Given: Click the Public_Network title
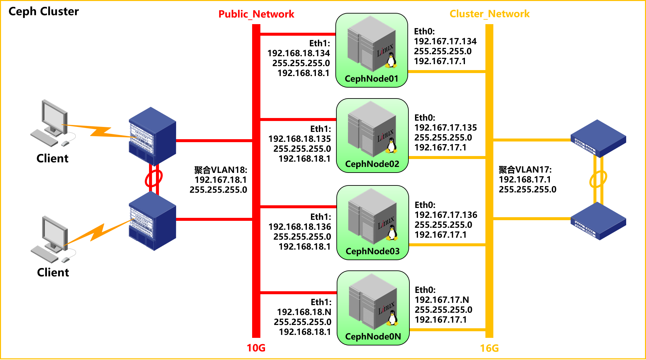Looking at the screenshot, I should [256, 14].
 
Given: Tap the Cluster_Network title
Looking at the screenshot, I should [489, 14].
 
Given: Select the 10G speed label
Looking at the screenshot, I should [256, 348].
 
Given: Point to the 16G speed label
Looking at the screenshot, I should [489, 348].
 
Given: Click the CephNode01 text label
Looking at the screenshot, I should [371, 79].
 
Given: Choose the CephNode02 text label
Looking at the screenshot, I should [372, 164].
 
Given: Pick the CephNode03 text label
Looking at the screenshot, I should [372, 251].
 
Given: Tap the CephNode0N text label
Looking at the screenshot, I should [373, 337].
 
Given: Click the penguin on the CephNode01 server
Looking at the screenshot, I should [391, 61].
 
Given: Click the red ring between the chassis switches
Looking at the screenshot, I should [154, 178].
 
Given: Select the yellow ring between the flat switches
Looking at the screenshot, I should [598, 179].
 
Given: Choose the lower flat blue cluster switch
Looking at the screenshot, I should [598, 220].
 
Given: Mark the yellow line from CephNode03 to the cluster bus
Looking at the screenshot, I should [447, 245].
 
